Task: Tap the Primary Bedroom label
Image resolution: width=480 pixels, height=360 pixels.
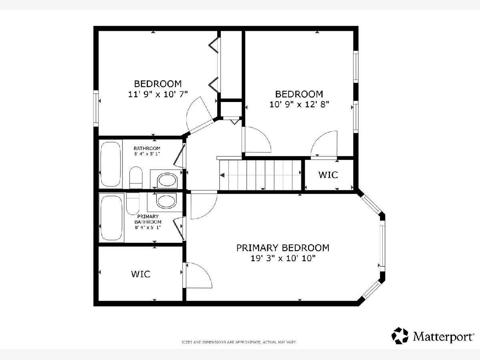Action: coord(283,248)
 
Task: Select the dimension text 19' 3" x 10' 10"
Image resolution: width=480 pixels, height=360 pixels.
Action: coord(283,258)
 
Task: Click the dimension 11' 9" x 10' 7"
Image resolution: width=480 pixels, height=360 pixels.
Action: coord(158,94)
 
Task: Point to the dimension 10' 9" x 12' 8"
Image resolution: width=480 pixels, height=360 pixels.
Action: coord(299,104)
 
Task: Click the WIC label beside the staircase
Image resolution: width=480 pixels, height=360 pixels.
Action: coord(328,175)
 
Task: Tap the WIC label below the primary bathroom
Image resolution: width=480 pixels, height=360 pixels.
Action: coord(141,274)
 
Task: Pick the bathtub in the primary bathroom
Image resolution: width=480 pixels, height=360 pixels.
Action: coord(111,218)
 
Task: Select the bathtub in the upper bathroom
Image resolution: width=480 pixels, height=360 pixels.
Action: coord(111,164)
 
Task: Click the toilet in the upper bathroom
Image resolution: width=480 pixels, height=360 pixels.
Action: coord(136,178)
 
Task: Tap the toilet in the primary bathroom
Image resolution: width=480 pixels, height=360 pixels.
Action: coord(133,204)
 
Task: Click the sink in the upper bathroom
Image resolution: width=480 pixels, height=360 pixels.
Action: coord(167,180)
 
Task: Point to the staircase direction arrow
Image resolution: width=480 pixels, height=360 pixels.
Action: coord(222,175)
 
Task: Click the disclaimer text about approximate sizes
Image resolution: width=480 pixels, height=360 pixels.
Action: coord(239,342)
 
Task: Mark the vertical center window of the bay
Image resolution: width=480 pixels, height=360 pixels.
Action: coord(382,246)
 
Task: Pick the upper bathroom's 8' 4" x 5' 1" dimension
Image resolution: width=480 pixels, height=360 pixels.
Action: coord(147,154)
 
